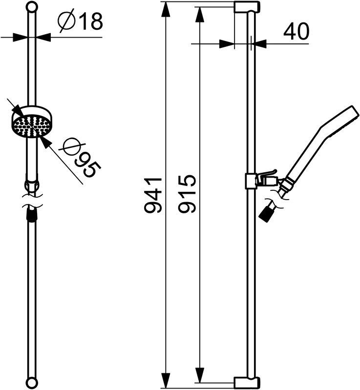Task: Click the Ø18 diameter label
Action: [x=80, y=21]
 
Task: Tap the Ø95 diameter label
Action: [x=82, y=158]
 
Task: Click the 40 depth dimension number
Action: [x=296, y=32]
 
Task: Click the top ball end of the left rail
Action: [x=32, y=6]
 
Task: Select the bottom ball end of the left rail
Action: [x=32, y=383]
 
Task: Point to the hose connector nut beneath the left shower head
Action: [x=32, y=186]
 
